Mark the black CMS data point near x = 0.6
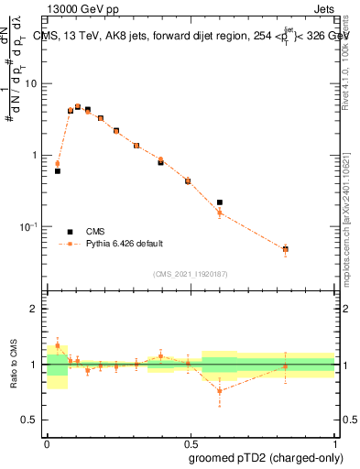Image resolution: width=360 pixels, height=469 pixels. pos(220,202)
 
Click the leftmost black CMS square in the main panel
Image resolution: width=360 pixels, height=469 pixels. pos(58,171)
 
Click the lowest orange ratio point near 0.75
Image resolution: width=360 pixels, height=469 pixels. pos(220,391)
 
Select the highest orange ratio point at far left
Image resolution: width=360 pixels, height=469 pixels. pos(58,345)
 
